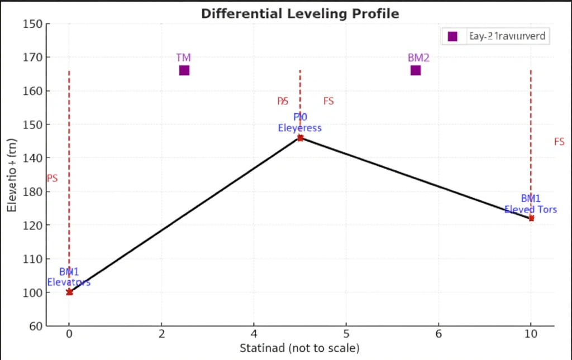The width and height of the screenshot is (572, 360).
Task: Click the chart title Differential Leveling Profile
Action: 300,13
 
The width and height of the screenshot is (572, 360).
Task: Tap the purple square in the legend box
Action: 452,36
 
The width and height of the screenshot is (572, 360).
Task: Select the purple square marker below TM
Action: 184,70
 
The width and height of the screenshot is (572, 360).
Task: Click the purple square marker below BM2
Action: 416,70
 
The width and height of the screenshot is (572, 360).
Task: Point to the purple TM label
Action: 183,57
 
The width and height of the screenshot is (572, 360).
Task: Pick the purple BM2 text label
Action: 418,57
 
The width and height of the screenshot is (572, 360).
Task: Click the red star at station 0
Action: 69,292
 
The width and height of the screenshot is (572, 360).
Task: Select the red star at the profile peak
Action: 300,138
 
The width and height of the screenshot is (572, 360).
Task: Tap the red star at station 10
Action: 531,218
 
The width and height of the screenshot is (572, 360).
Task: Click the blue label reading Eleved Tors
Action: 531,210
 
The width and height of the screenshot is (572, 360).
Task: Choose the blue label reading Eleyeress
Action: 300,128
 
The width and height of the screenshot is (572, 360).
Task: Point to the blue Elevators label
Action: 69,282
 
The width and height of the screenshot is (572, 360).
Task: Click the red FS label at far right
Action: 559,142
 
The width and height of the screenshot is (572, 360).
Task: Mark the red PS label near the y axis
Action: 52,179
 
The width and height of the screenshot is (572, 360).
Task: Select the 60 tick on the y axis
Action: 35,326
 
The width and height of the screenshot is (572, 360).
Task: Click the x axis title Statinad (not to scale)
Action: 299,349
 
